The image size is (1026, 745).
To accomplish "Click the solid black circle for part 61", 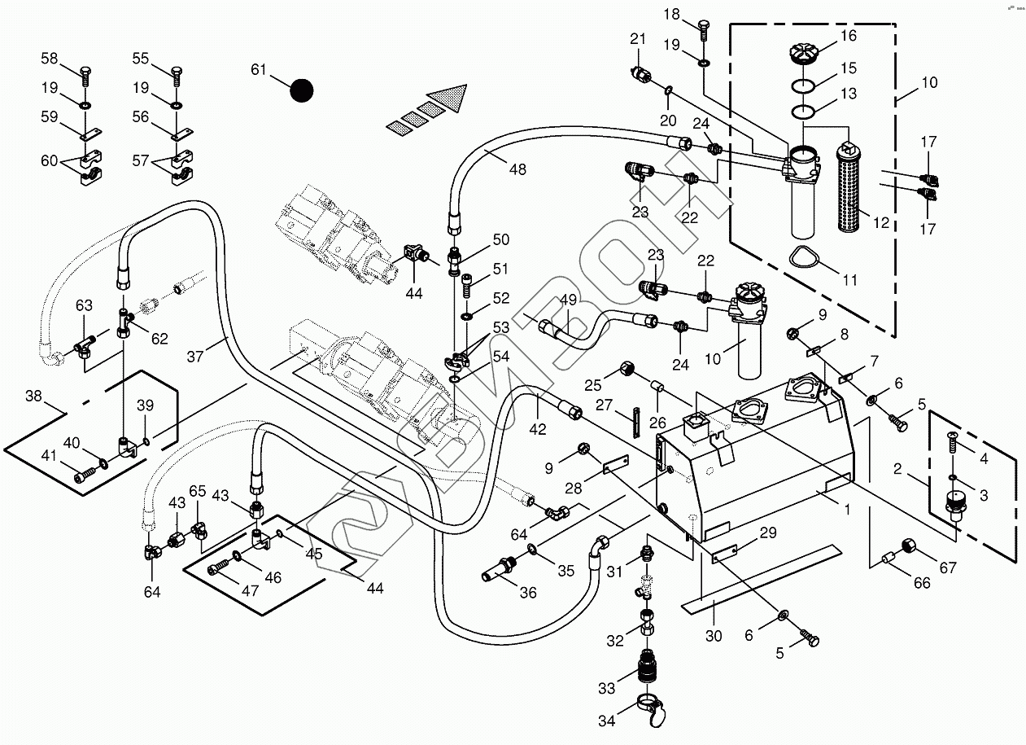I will (x=302, y=90).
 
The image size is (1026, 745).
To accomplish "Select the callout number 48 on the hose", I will (x=517, y=169).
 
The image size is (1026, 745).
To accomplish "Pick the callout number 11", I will (x=849, y=280).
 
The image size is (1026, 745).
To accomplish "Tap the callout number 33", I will (x=607, y=688).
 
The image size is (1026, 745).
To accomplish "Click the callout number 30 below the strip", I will (x=714, y=636).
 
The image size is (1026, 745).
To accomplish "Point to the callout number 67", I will (x=947, y=568).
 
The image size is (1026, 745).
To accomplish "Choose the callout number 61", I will (x=259, y=70).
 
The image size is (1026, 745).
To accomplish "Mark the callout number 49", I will (x=568, y=300).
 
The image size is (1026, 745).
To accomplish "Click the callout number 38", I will (x=33, y=397).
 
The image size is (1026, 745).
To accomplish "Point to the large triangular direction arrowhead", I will (x=450, y=99).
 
